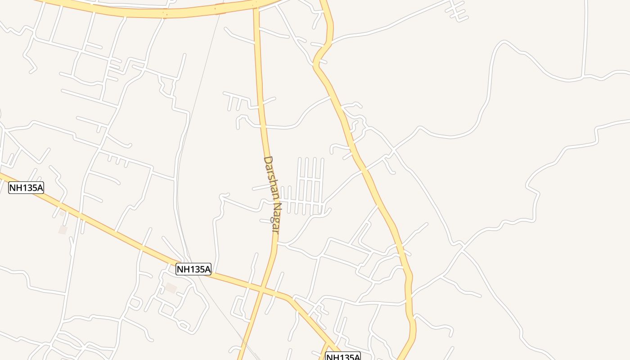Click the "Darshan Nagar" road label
271,194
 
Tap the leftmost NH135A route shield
26,188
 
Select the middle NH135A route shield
193,269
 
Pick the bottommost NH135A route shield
343,357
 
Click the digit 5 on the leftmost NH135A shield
34,188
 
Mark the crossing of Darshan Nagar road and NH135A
261,288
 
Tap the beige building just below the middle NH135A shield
171,288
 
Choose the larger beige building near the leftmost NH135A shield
63,229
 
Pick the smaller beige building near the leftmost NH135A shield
62,213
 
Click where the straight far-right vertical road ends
584,75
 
